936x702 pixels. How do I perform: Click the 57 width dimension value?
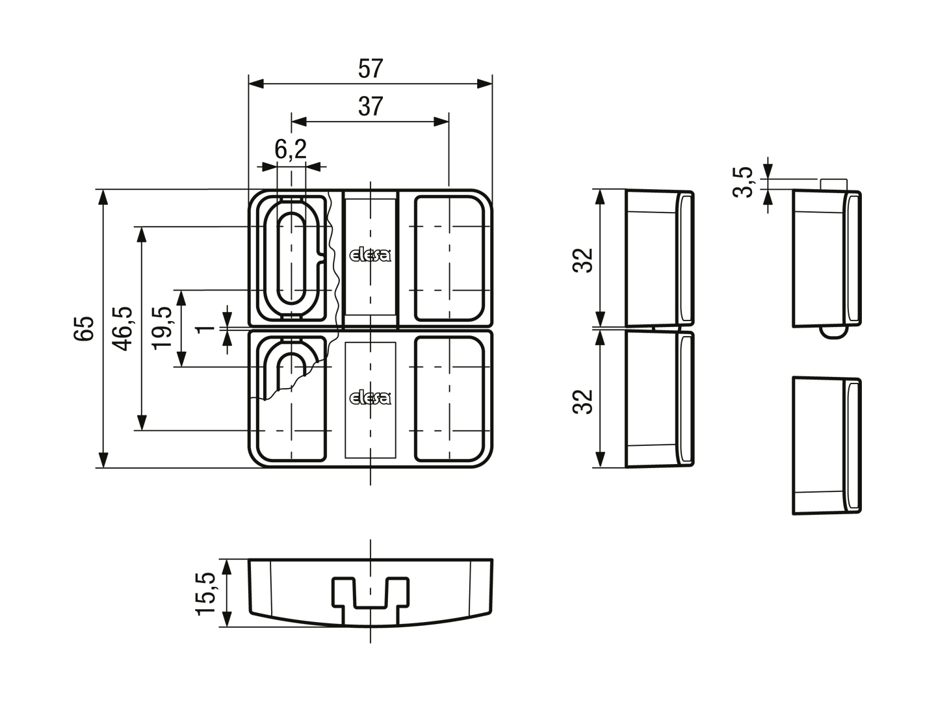point(370,69)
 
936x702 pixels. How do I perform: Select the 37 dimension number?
point(370,107)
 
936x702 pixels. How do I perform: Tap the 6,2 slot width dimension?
point(291,149)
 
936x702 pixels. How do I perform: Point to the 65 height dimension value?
point(84,328)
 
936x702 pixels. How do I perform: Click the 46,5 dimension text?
point(123,328)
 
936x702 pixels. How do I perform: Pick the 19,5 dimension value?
point(162,328)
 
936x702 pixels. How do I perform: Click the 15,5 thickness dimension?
point(206,593)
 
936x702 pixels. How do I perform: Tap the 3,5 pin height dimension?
point(743,183)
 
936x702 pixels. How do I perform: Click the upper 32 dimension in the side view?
point(582,261)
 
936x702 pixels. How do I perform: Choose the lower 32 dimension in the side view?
point(582,402)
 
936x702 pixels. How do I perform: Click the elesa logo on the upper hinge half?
point(370,255)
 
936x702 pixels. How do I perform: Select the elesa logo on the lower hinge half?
point(370,398)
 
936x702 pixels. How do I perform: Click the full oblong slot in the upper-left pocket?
point(292,258)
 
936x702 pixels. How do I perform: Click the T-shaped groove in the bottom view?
point(370,601)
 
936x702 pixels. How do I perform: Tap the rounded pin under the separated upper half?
point(834,332)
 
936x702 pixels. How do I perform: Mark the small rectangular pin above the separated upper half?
point(834,185)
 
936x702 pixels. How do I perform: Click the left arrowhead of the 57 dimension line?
point(256,84)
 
